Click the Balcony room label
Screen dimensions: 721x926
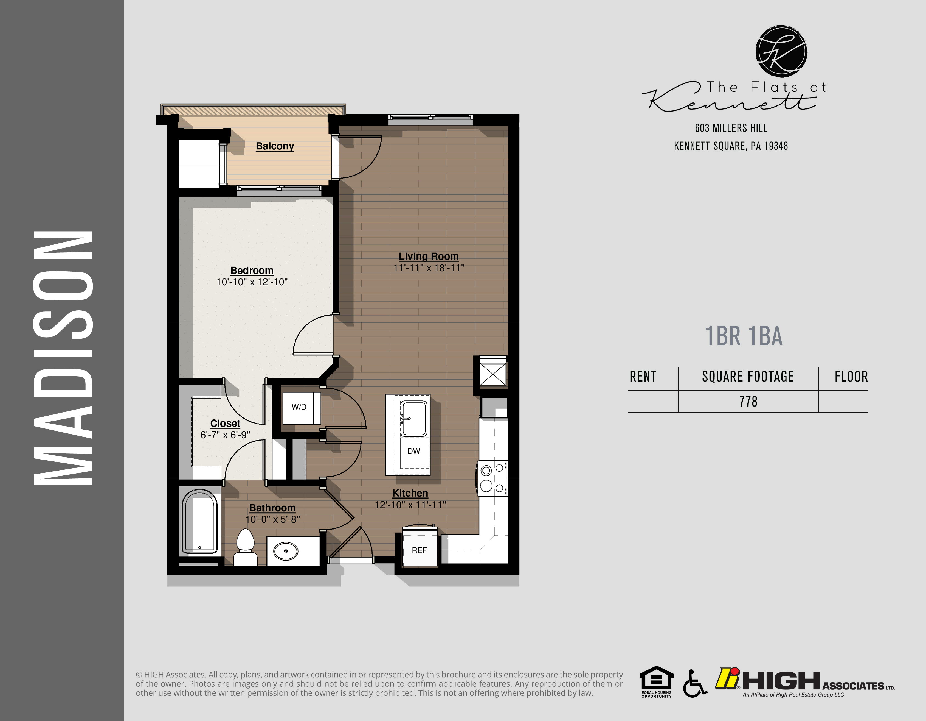point(275,146)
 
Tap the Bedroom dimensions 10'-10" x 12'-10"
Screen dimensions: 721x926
point(252,282)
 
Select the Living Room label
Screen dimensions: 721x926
point(428,256)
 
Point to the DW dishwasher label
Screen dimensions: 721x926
point(413,451)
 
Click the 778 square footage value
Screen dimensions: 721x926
point(748,402)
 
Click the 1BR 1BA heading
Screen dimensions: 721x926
point(744,336)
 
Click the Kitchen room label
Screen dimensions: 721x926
point(410,493)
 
